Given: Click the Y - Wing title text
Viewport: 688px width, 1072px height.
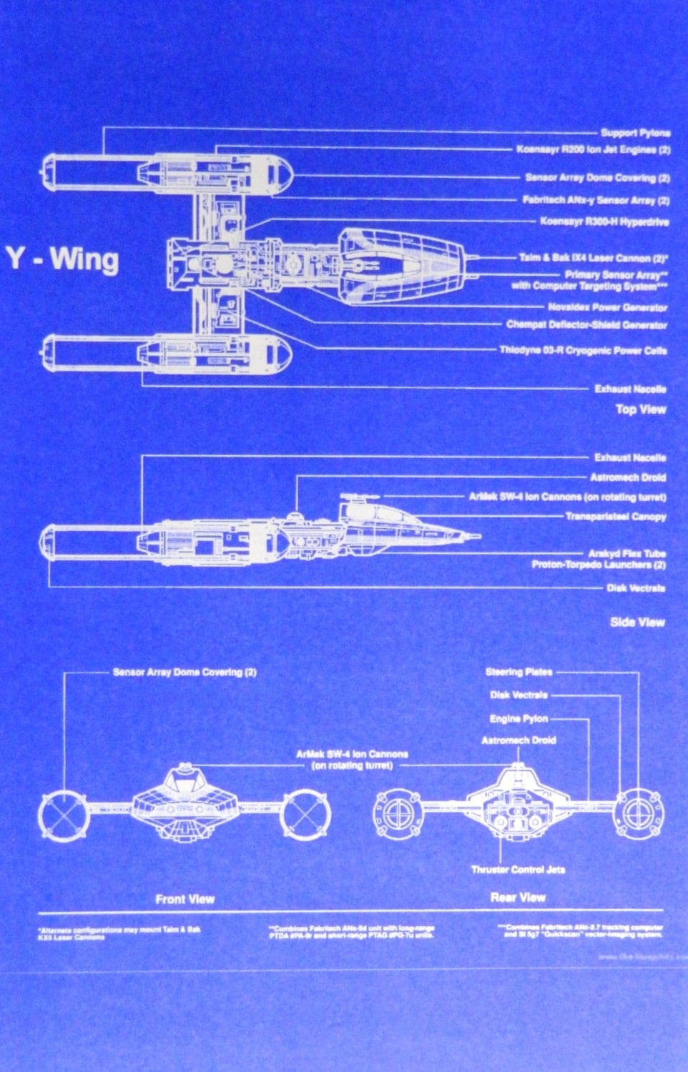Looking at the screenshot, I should click(63, 259).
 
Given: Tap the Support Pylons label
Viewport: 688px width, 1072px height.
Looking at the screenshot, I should click(635, 133).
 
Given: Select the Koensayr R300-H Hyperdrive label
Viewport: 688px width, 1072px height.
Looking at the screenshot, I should click(604, 222).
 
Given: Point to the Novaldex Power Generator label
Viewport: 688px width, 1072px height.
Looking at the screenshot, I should click(607, 307).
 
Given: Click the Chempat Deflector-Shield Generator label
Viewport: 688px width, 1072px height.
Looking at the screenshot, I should click(586, 324).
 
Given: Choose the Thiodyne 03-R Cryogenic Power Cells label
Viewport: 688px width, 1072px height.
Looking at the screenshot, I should click(583, 350).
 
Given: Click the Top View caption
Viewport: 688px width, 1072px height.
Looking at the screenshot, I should click(640, 410).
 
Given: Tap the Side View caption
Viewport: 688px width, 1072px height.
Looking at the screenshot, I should click(637, 622).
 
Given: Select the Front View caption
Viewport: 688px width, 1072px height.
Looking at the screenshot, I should click(185, 899).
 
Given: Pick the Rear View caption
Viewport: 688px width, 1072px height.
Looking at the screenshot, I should click(518, 897).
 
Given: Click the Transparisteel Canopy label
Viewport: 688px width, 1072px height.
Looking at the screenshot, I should click(615, 516).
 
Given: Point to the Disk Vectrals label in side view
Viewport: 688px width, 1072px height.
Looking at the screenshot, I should click(636, 588).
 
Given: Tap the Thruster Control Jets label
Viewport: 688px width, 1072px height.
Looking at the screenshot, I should click(518, 870).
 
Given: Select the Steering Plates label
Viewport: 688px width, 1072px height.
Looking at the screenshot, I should click(519, 672).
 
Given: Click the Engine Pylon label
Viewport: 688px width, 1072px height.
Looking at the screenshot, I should click(519, 719).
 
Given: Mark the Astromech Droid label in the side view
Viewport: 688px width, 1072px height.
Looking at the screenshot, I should click(627, 477).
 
